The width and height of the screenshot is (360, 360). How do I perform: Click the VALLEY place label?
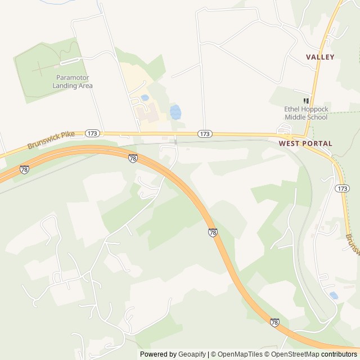pyautogui.click(x=320, y=57)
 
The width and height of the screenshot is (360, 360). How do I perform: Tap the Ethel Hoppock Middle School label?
pyautogui.click(x=305, y=114)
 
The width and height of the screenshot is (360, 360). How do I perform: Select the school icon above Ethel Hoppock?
pyautogui.click(x=307, y=100)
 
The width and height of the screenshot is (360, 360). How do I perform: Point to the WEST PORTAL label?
pyautogui.click(x=305, y=143)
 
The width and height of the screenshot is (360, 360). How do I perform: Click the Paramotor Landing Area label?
pyautogui.click(x=73, y=82)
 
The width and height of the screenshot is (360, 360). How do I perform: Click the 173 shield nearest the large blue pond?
pyautogui.click(x=205, y=134)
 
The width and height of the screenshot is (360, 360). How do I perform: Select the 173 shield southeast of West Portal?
pyautogui.click(x=341, y=187)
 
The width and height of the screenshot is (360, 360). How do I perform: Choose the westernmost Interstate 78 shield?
pyautogui.click(x=24, y=169)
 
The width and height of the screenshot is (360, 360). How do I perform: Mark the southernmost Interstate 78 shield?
pyautogui.click(x=274, y=322)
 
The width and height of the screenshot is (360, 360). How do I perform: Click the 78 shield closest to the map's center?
pyautogui.click(x=213, y=232)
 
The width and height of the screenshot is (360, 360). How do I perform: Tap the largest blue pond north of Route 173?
pyautogui.click(x=175, y=112)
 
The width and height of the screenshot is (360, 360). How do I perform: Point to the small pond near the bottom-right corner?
pyautogui.click(x=334, y=295)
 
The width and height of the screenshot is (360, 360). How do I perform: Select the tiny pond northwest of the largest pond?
pyautogui.click(x=145, y=98)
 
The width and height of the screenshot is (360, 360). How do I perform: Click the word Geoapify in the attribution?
pyautogui.click(x=192, y=354)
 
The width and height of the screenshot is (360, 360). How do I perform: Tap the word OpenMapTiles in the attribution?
pyautogui.click(x=240, y=354)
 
